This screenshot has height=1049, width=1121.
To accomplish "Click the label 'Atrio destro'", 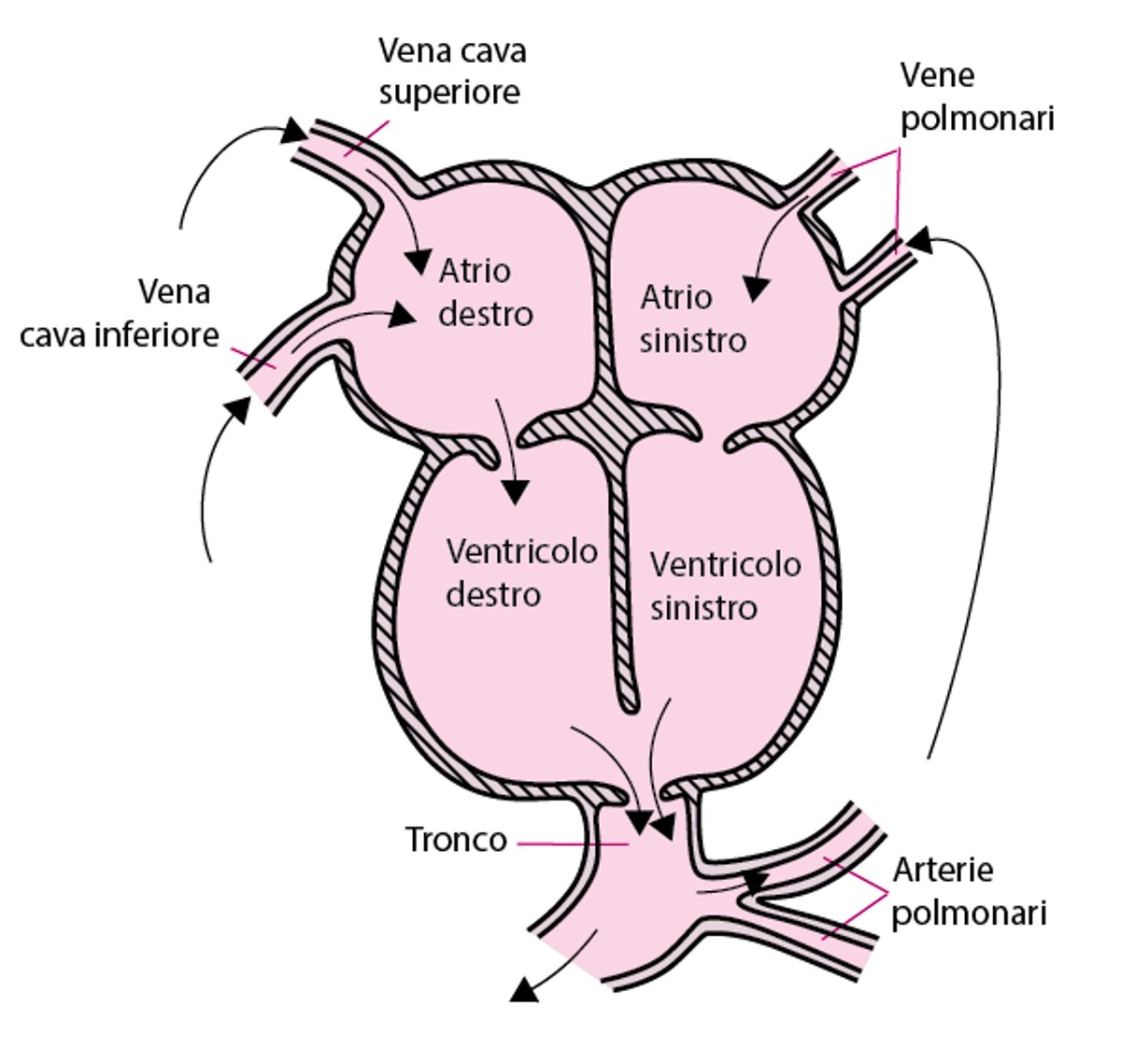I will pos(484,291).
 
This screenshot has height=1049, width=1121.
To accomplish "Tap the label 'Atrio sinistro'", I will pos(692,319).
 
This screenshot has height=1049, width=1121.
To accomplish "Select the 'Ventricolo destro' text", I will pos(520,572).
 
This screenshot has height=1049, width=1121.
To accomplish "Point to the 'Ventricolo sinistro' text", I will pos(725,586).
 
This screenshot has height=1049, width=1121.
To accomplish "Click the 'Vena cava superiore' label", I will pos(451,71).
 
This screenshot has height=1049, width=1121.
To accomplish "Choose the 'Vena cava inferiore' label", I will pos(120,313).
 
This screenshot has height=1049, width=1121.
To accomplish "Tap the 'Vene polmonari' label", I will pos(975,97).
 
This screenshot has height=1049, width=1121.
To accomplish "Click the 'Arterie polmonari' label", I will pos(968,890).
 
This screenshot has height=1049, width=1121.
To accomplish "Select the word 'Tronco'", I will pos(456,840).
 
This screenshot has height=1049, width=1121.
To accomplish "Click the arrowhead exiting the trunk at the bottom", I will pos(526,989).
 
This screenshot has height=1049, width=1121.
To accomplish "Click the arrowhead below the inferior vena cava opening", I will pos(238,409).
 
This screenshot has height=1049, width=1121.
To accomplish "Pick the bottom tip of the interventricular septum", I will pos(628,701).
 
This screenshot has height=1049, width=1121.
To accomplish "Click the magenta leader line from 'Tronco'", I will pos(570,844).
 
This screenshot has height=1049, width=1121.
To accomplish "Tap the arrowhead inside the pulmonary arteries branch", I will pos(754,881).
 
